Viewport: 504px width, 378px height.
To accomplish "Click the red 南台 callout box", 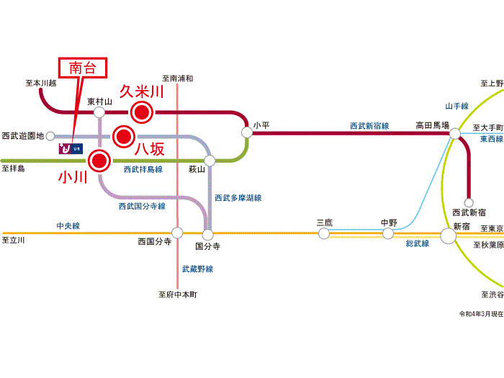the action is [83, 68].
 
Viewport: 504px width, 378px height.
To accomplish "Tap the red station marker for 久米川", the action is [141, 112].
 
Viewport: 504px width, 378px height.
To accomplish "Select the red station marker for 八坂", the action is [124, 137].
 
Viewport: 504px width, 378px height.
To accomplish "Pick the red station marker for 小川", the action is [99, 161].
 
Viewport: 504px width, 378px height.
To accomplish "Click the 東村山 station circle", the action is [99, 112].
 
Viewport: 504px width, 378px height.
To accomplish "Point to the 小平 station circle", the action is [247, 132].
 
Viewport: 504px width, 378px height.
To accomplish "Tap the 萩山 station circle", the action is [210, 161].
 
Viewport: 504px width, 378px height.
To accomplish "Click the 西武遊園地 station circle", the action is [50, 136].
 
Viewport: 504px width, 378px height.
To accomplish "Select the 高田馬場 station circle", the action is [455, 133].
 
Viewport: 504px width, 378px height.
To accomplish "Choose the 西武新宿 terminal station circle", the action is [469, 202].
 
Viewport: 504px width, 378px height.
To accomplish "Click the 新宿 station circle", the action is [448, 236].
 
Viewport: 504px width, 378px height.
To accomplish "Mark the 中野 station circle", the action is [388, 233].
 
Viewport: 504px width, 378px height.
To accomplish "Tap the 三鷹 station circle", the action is [324, 233].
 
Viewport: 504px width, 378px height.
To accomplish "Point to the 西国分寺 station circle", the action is [177, 233].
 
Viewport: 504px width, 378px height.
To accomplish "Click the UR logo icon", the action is [71, 148].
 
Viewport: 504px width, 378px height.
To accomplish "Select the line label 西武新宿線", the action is [369, 126].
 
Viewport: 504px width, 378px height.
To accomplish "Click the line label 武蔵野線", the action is [197, 269].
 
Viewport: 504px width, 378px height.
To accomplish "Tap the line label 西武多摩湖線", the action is [238, 198].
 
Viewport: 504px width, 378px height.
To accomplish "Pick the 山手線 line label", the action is [456, 106].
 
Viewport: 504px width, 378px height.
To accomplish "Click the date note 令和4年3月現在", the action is [481, 314].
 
